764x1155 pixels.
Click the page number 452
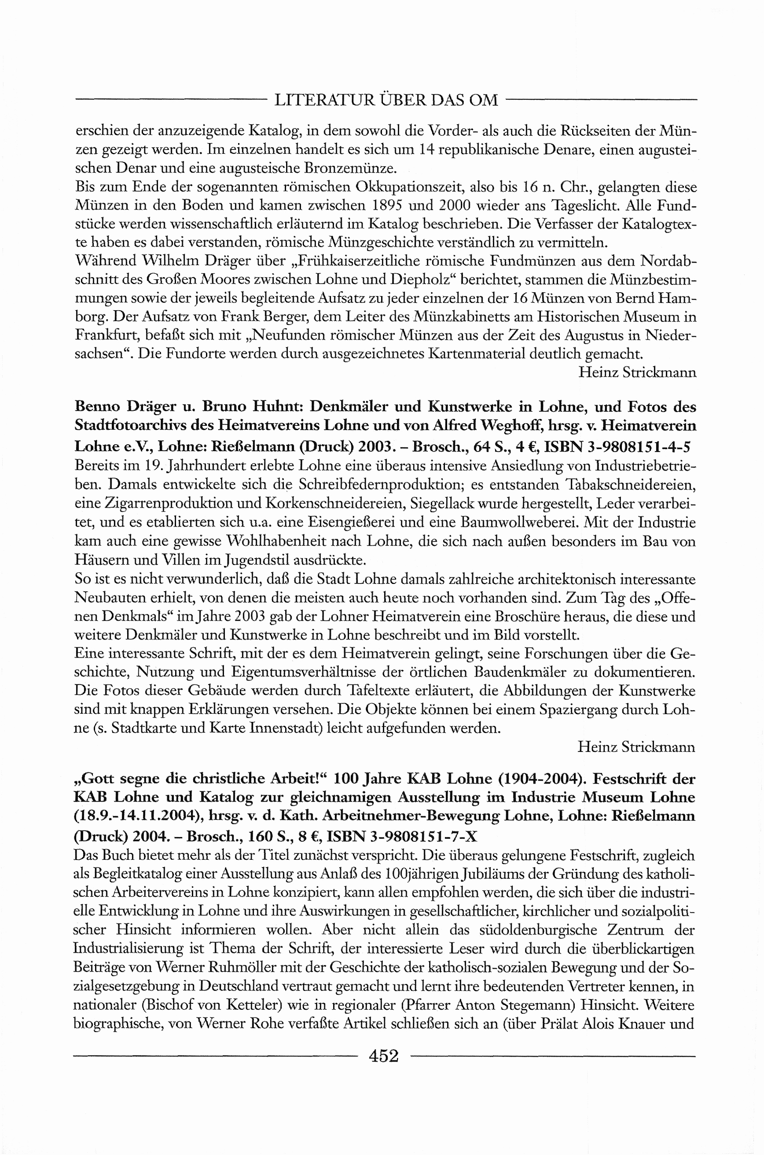384,1056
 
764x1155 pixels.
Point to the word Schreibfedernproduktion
378,485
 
